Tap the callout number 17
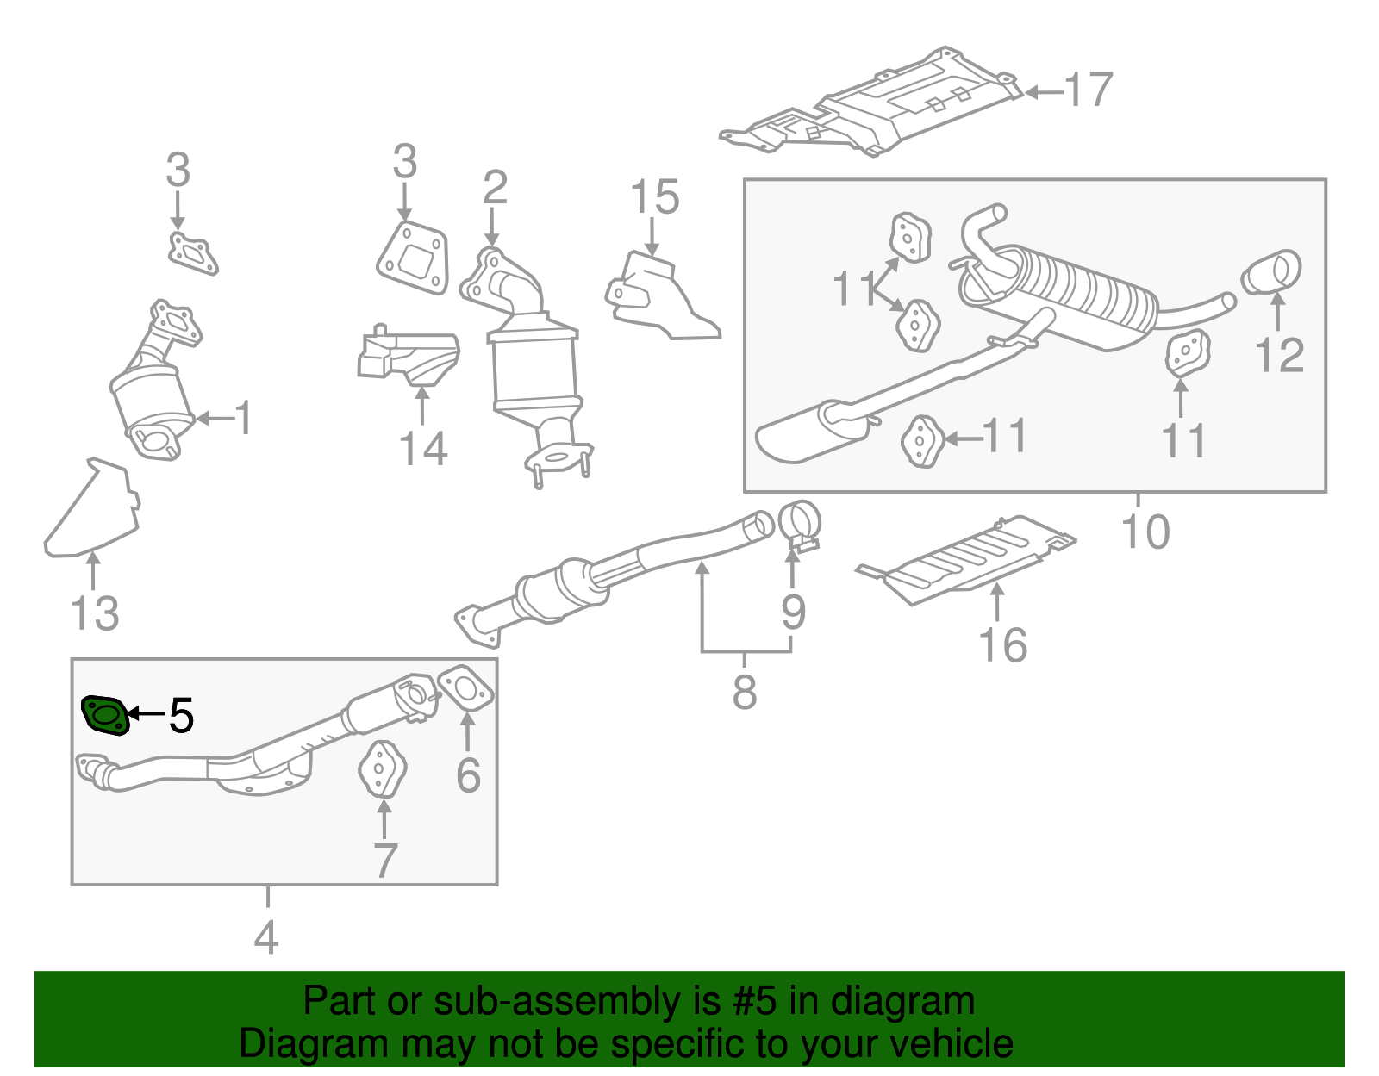[1089, 90]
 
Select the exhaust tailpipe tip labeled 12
[1271, 273]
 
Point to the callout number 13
[94, 614]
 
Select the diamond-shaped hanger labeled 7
[382, 768]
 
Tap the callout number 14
[423, 449]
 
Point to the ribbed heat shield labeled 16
[970, 560]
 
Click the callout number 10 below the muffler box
[1145, 532]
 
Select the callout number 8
[745, 691]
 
